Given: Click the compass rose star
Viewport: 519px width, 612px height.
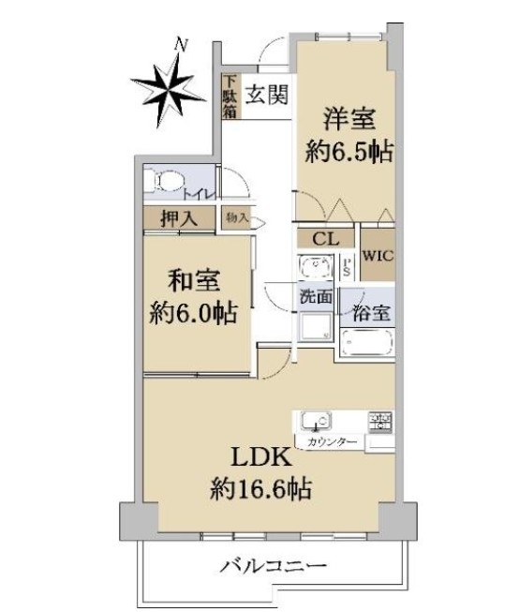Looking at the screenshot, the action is [169, 91].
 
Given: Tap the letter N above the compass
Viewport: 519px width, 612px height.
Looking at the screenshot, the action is [181, 45].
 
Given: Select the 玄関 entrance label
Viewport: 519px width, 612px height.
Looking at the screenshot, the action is [267, 95].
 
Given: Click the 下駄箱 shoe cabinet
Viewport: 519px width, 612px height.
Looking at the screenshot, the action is [230, 96].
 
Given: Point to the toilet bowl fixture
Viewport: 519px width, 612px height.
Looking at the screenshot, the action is [169, 182].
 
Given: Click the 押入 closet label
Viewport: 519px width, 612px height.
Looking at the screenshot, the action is [179, 218].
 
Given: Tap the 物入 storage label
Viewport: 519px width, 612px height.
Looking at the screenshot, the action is [237, 217].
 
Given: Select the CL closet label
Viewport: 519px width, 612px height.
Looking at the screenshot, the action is [326, 239].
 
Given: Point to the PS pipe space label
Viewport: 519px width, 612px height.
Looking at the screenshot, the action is [347, 266].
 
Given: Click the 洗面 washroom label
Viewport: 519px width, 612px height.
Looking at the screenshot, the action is [316, 297].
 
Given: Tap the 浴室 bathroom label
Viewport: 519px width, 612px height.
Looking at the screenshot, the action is [371, 313].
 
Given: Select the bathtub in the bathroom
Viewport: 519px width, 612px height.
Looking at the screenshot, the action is [367, 342].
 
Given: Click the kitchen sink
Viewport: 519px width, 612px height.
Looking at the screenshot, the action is [316, 422].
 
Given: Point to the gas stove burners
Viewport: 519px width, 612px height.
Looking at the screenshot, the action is [380, 422].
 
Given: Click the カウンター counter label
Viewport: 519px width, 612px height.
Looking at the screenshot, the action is [332, 442].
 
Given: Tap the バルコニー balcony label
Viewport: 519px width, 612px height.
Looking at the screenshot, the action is [273, 565].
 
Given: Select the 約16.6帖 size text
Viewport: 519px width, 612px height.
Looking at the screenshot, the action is [261, 489].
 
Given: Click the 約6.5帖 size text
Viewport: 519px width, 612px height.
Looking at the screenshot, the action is [348, 152].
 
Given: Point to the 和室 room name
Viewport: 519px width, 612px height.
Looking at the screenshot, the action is [194, 281].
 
